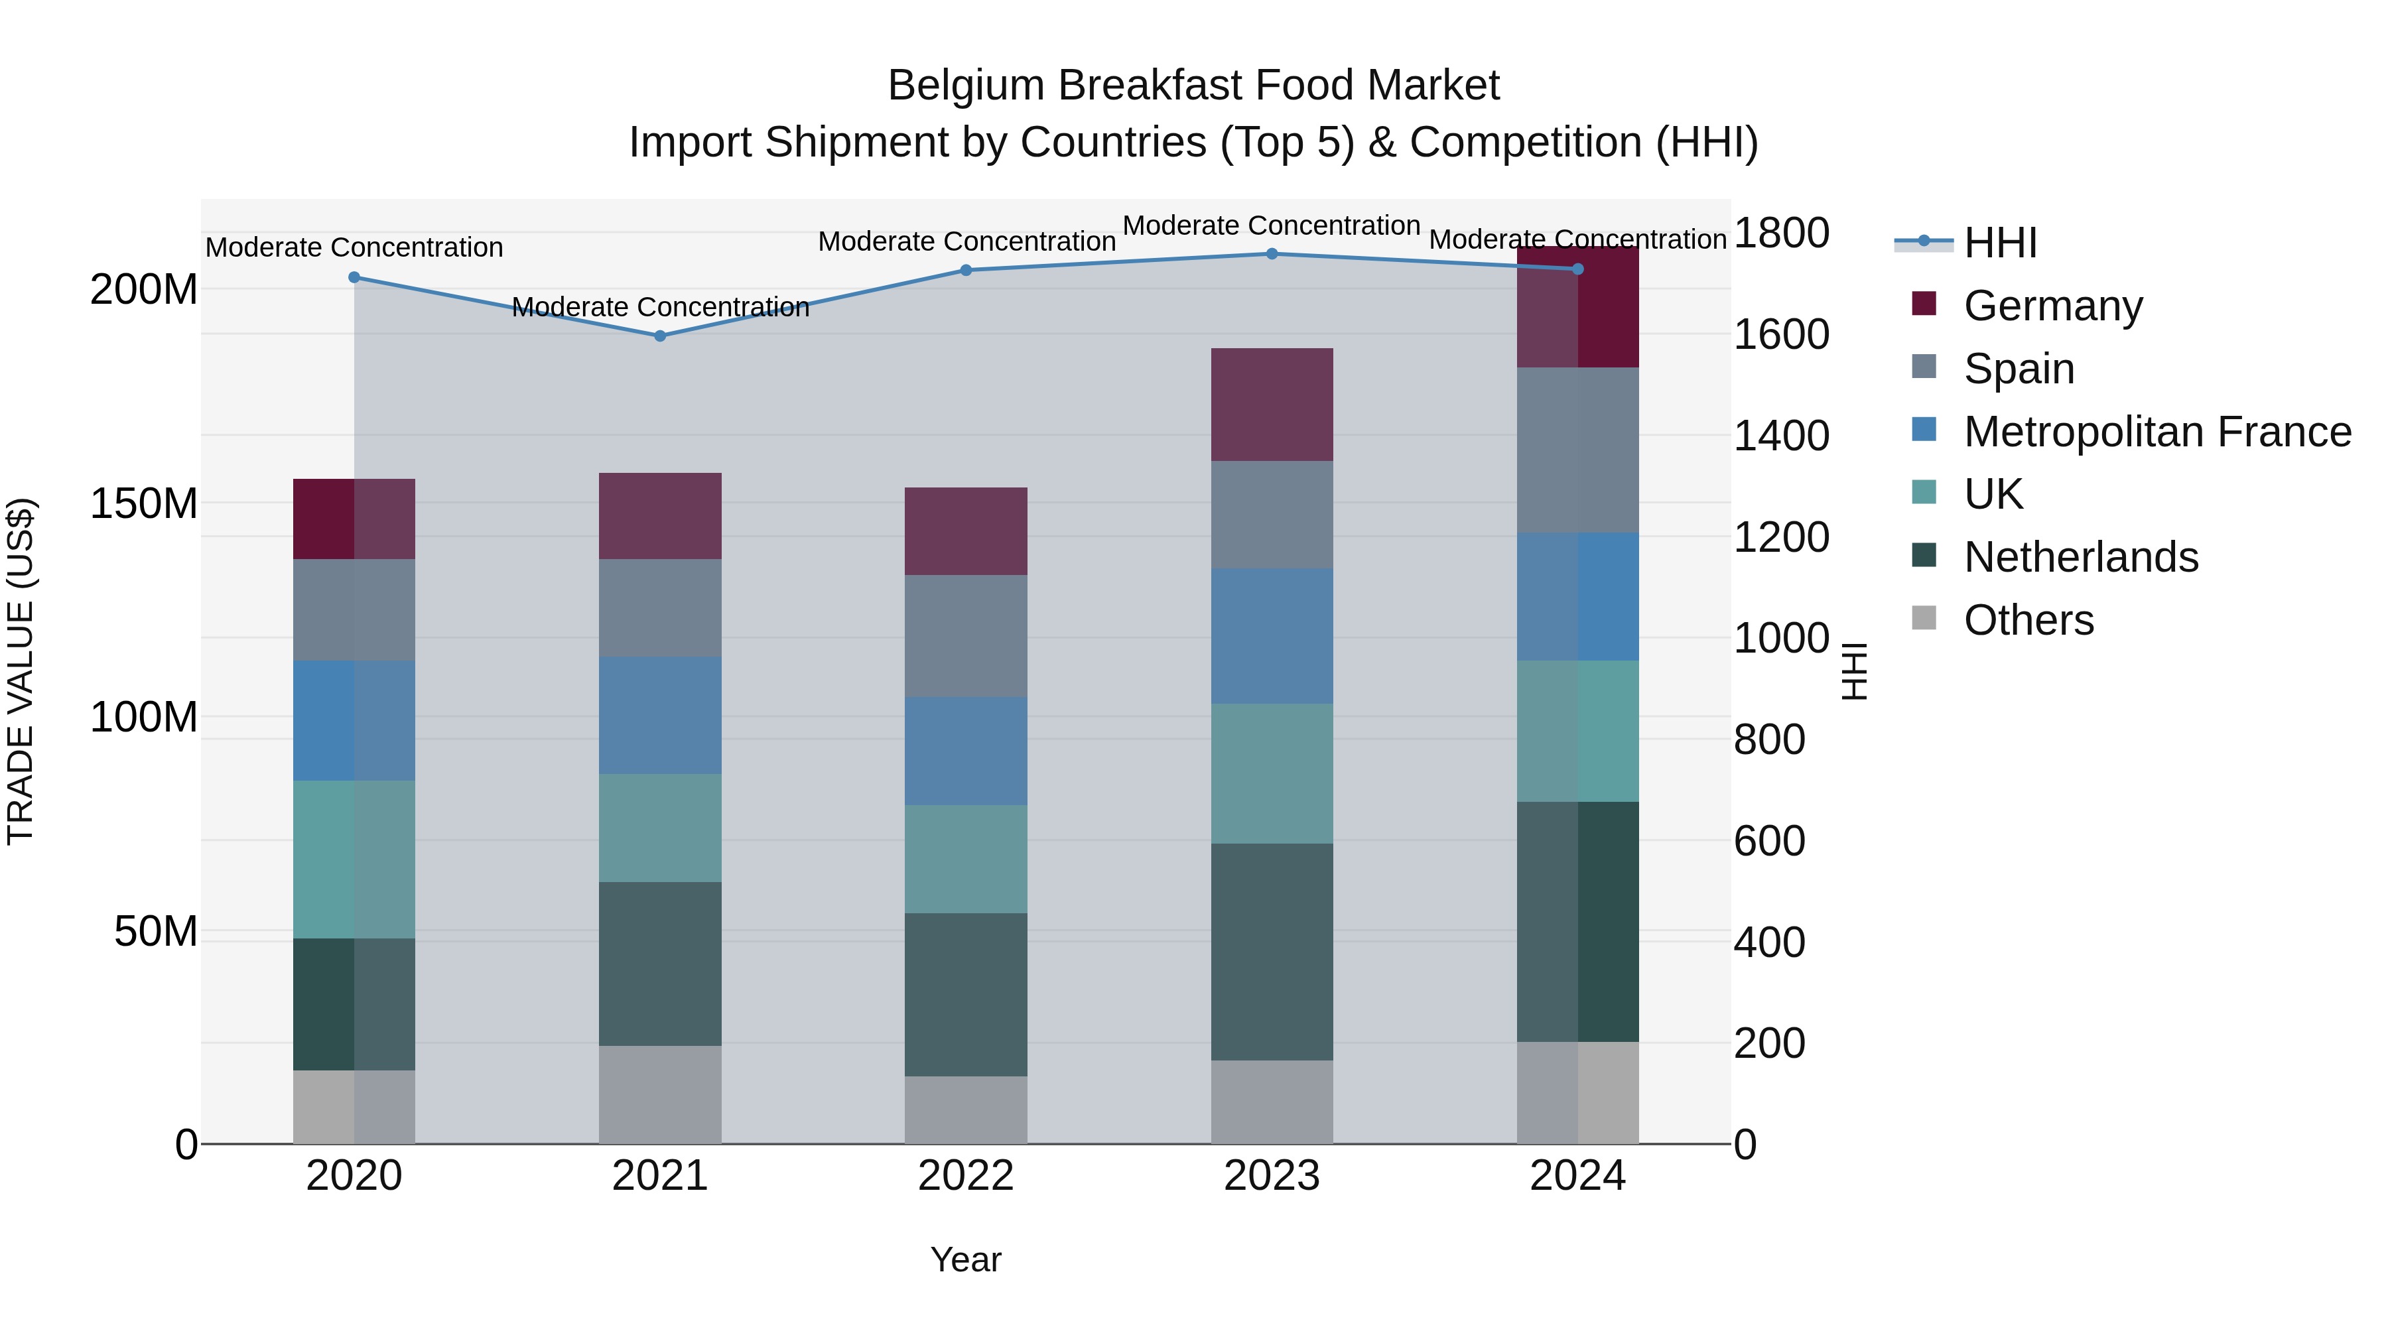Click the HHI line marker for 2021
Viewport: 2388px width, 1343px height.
[x=660, y=336]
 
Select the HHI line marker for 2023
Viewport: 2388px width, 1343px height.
[x=1272, y=254]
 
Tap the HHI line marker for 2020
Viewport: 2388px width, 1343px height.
[x=354, y=277]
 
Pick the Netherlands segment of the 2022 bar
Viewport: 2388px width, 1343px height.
[x=966, y=995]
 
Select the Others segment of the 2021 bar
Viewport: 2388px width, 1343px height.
[x=660, y=1094]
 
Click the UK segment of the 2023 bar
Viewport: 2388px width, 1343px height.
[x=1272, y=773]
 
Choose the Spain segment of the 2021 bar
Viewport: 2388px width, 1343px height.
[x=660, y=608]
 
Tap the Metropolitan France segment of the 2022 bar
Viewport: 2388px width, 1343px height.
[x=966, y=751]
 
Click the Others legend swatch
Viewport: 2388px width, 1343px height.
[x=1924, y=618]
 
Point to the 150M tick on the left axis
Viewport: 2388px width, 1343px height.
[x=144, y=504]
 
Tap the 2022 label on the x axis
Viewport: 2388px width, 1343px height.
[x=966, y=1176]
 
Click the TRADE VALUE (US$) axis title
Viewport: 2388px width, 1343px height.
[x=21, y=671]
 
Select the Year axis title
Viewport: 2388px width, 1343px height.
[x=966, y=1259]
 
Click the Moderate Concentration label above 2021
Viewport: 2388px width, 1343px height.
[x=660, y=307]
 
